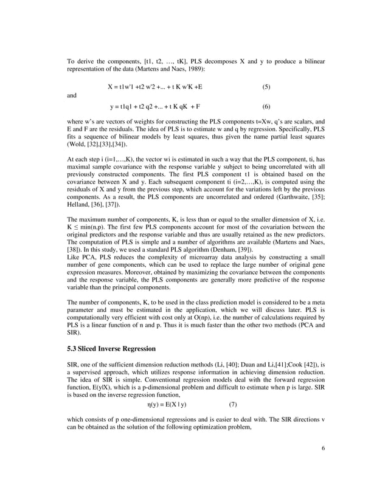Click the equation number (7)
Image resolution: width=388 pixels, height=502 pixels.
pos(233,404)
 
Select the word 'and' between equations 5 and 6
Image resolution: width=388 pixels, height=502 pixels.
pos(72,95)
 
